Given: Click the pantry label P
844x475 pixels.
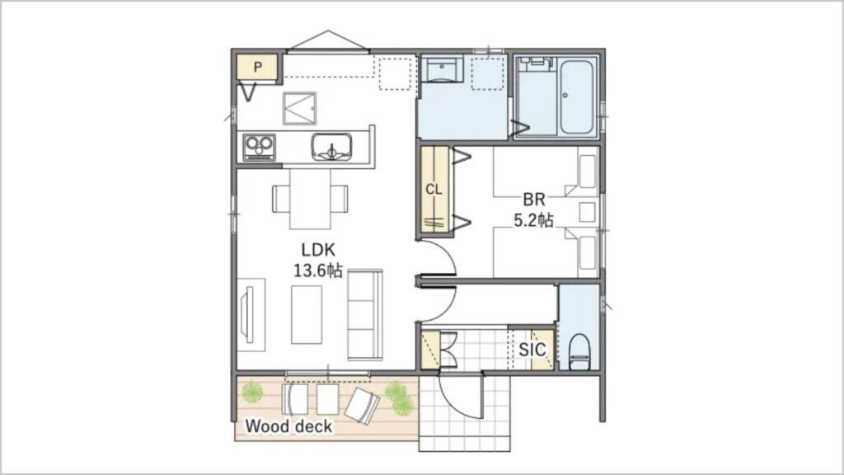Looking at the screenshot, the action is coord(258,68).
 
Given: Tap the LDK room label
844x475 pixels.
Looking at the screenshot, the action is coord(318,250).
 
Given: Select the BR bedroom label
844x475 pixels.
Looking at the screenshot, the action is coord(534,200).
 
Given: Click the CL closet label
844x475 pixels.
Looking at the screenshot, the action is coord(434,190).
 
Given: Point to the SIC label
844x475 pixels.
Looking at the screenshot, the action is coord(532,350).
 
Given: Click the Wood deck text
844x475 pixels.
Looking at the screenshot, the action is coord(288,426).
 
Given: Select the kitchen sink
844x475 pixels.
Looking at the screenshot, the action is coord(331,147).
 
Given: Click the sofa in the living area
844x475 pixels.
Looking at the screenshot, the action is coord(365,314).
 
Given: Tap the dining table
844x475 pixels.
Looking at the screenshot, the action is coord(310,200).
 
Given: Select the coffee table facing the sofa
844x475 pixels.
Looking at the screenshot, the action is coord(307,314).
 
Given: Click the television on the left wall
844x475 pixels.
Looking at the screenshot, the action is coord(248,314).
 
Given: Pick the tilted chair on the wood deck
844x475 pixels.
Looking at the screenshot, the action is coord(362,405).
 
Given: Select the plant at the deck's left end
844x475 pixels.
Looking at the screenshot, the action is coord(252,392).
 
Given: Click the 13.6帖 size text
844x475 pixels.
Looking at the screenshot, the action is coord(318,270).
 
